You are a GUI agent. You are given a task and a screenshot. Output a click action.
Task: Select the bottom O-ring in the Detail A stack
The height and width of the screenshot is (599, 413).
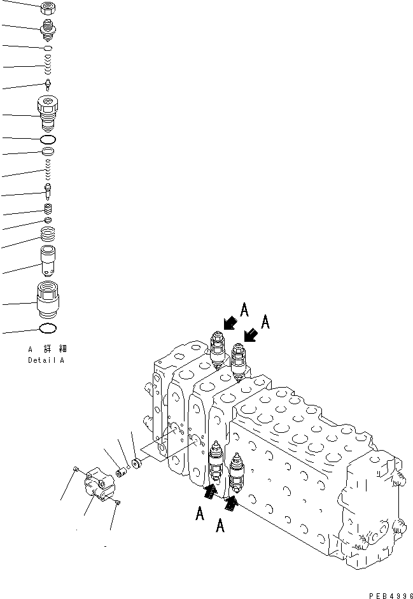48,329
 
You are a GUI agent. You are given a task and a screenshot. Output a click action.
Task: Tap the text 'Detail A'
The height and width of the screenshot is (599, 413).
45,360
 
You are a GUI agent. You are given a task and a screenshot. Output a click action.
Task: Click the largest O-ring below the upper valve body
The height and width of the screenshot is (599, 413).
48,139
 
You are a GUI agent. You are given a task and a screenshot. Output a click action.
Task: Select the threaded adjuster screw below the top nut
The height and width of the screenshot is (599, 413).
48,29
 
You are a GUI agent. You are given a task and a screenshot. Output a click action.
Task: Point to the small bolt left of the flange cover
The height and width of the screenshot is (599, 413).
75,470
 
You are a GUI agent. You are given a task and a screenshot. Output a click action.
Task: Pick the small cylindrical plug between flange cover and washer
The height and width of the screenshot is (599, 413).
119,472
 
